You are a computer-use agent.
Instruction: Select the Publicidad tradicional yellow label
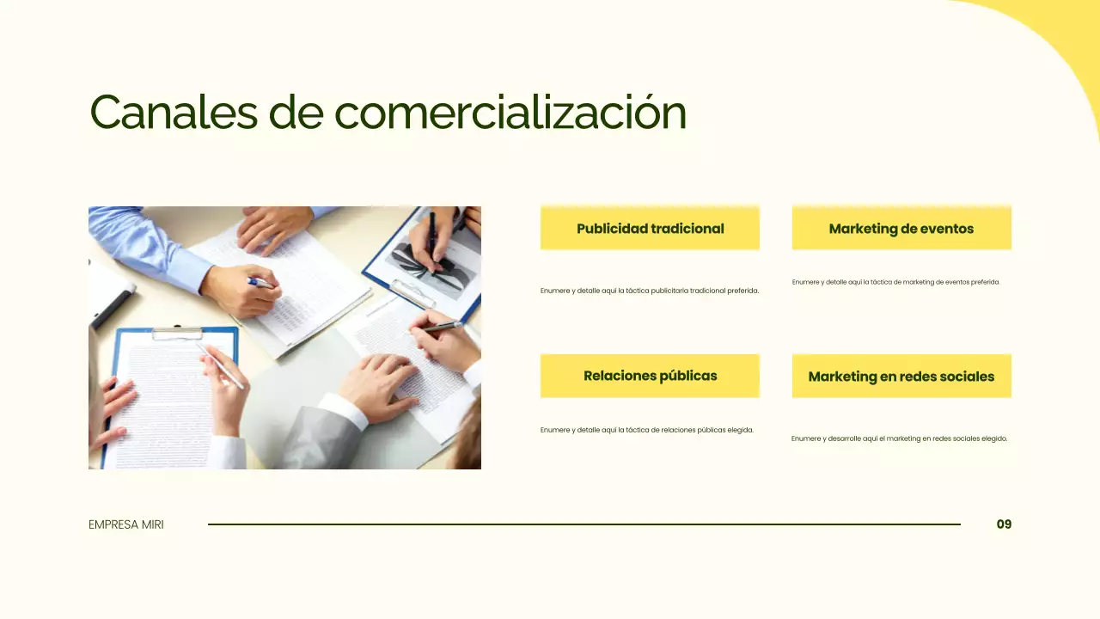[650, 229]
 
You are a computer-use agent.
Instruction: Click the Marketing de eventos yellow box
[901, 229]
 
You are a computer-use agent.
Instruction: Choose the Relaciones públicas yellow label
[650, 376]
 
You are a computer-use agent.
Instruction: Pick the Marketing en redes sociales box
[901, 377]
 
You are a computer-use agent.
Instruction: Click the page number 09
[1004, 524]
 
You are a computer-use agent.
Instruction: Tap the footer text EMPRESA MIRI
[125, 524]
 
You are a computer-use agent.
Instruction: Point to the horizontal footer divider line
[584, 524]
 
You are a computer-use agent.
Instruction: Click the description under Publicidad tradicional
[650, 291]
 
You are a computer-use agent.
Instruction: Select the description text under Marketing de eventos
[895, 282]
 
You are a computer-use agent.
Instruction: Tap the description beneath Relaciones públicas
[646, 430]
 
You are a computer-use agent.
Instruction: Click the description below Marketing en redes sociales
[899, 438]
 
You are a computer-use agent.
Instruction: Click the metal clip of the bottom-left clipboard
[177, 332]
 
